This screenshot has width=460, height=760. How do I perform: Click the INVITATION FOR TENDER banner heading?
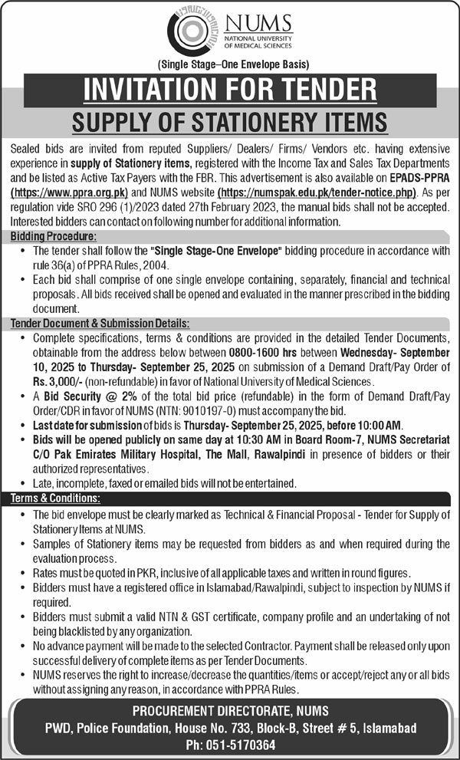click(x=230, y=88)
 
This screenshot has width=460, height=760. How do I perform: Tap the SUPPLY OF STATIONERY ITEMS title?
click(x=230, y=120)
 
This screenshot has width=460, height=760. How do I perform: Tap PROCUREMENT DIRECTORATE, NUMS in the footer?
click(x=230, y=709)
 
